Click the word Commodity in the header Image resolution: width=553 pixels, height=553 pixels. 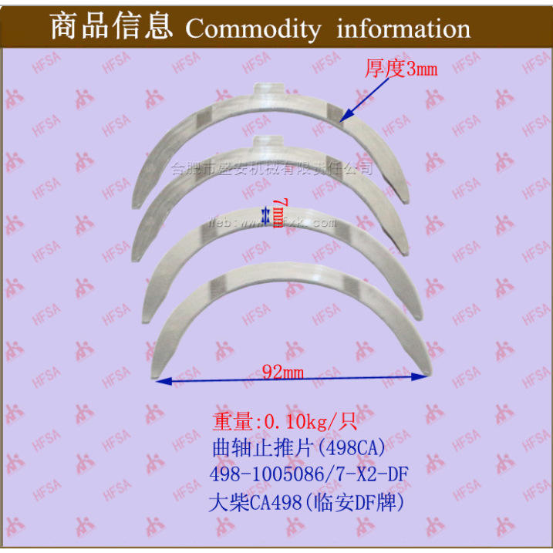(x=252, y=29)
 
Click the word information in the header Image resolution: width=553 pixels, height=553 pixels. (x=403, y=29)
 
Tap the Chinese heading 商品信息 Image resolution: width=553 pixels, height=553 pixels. (x=110, y=27)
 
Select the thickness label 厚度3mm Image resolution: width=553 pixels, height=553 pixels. (x=400, y=69)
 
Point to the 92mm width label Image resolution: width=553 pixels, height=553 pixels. (x=282, y=373)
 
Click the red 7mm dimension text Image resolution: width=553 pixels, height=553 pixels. (x=278, y=214)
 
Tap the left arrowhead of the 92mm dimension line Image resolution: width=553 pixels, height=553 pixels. (x=161, y=380)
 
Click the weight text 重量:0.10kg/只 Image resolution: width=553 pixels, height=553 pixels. (x=283, y=423)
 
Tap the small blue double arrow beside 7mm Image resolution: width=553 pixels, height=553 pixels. (x=267, y=214)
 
